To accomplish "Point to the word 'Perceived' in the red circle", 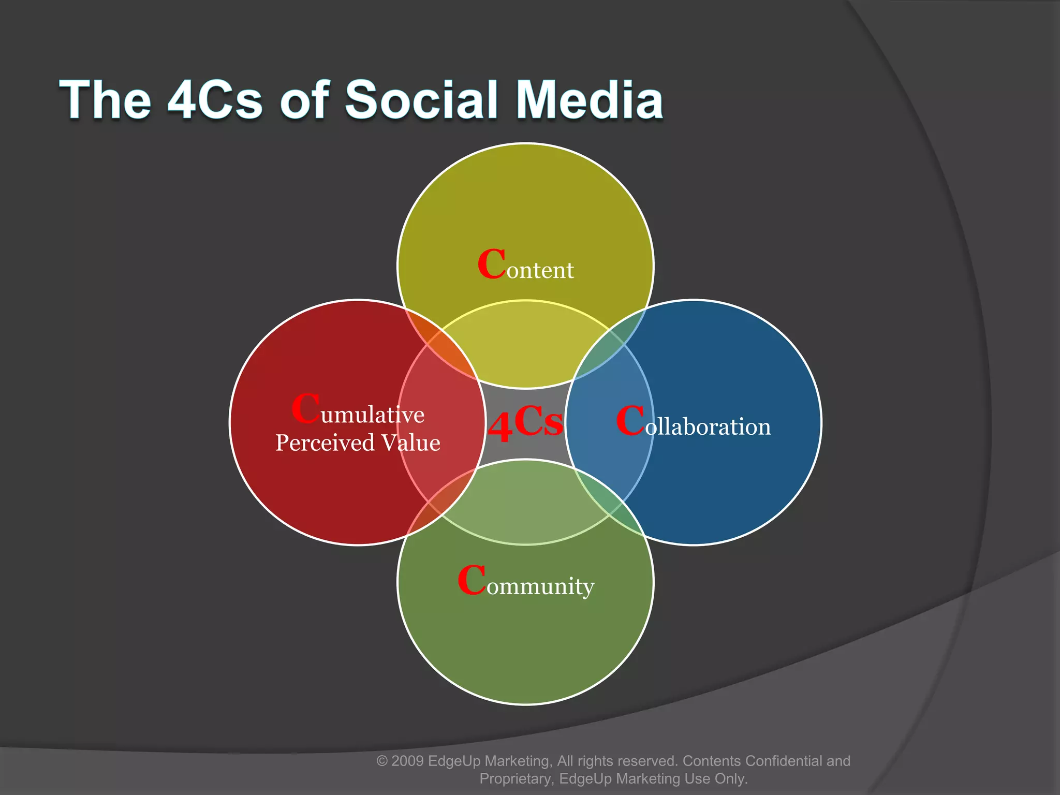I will pyautogui.click(x=325, y=443).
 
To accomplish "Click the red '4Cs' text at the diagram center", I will pyautogui.click(x=525, y=423).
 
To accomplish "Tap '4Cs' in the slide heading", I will pyautogui.click(x=215, y=99).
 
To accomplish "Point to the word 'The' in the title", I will pyautogui.click(x=106, y=99).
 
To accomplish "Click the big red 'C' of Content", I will pyautogui.click(x=491, y=264).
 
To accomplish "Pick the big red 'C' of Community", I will pyautogui.click(x=472, y=580).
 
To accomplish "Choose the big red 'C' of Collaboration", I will pyautogui.click(x=630, y=421).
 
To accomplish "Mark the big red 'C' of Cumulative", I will pyautogui.click(x=305, y=409).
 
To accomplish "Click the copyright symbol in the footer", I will pyautogui.click(x=382, y=761).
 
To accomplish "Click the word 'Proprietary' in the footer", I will pyautogui.click(x=516, y=779).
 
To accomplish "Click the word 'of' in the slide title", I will pyautogui.click(x=304, y=99).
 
